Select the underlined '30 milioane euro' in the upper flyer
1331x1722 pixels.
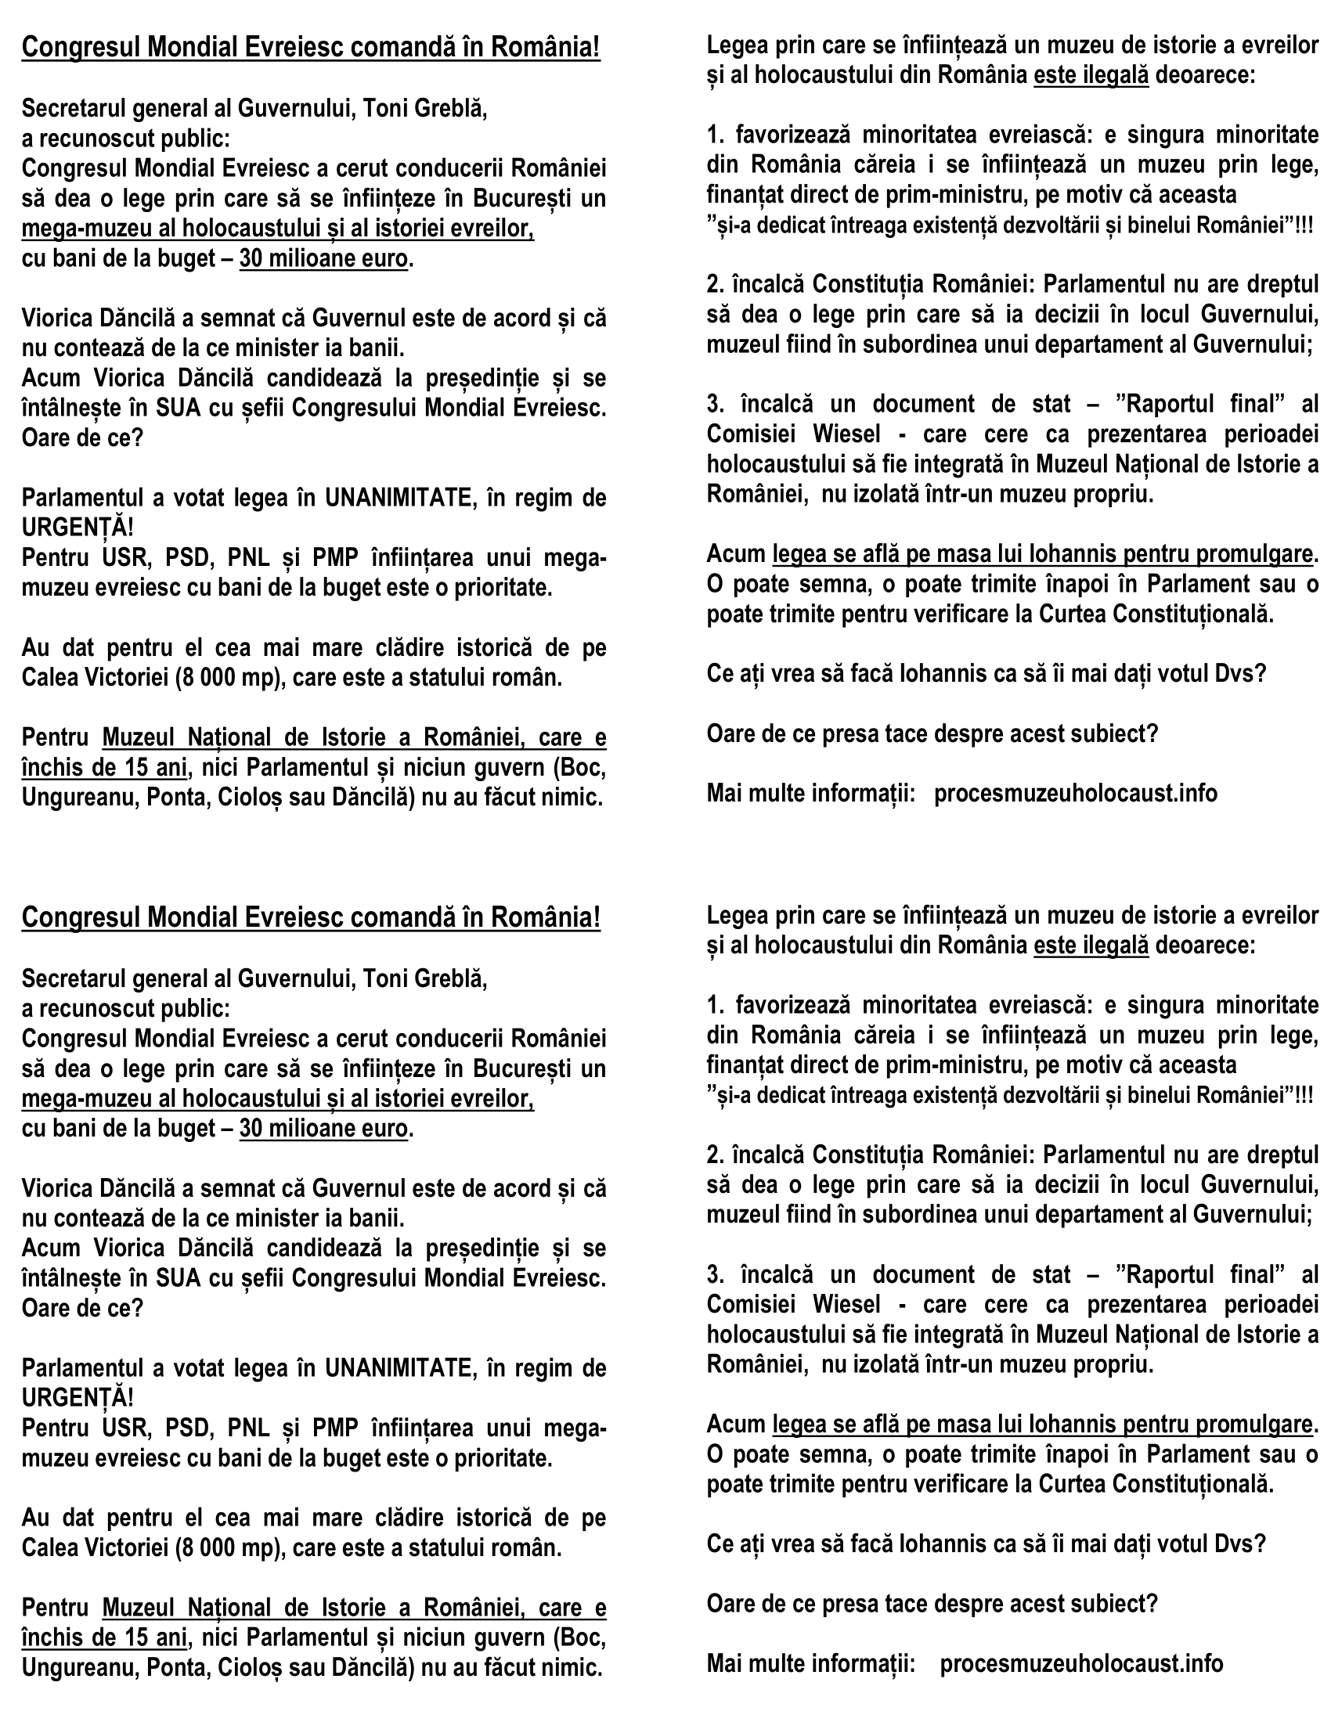click(x=323, y=258)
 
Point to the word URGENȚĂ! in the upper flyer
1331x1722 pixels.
click(x=78, y=528)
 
